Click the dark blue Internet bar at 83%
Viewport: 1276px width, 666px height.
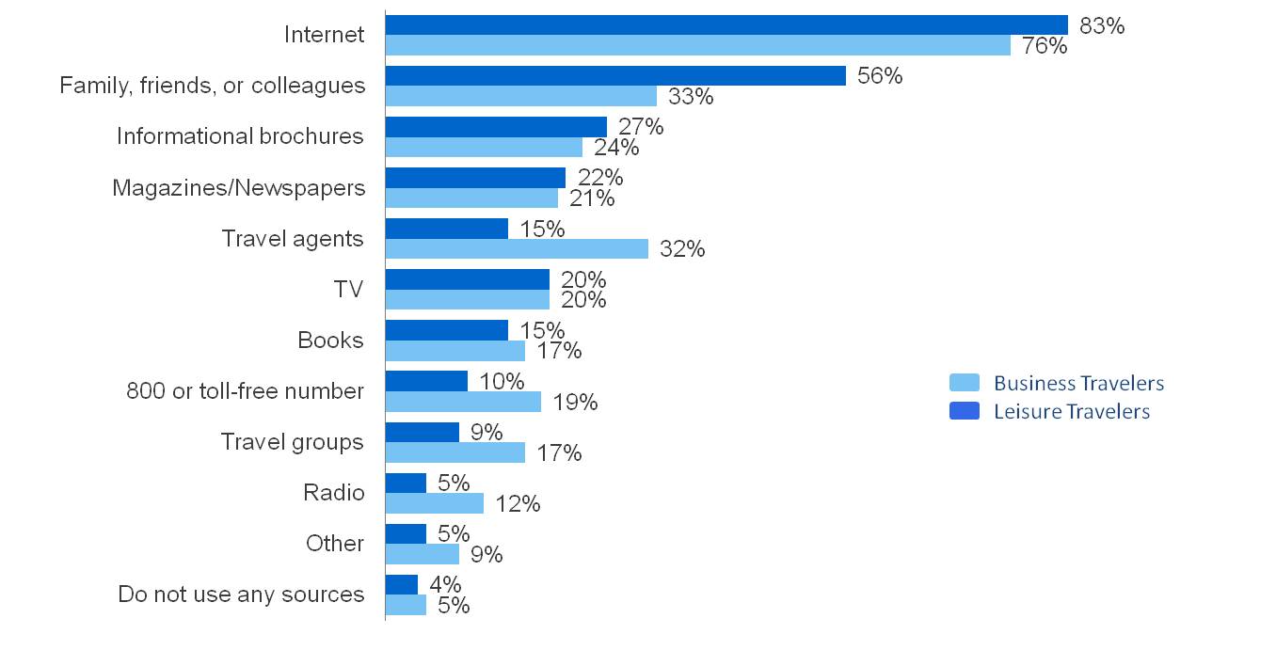(x=726, y=24)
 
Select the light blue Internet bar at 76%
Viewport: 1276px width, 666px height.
(x=697, y=45)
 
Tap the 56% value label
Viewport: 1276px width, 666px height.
(x=880, y=76)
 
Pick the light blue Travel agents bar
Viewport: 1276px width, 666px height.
(x=517, y=248)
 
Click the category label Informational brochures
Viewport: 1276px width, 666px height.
(x=239, y=136)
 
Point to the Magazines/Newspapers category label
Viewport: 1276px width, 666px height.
(x=238, y=187)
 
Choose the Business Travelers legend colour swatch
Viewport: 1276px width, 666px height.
(x=964, y=383)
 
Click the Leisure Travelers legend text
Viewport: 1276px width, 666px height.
(x=1072, y=411)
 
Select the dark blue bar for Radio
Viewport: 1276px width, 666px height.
(x=406, y=483)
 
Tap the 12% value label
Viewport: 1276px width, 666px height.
(x=518, y=504)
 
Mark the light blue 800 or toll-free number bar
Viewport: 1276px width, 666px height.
(x=463, y=402)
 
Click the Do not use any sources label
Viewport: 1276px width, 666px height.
(x=241, y=595)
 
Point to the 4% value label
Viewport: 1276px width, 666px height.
(x=445, y=584)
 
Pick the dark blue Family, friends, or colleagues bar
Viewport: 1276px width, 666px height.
(x=615, y=75)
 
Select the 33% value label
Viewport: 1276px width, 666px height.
(x=691, y=96)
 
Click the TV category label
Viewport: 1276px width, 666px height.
(x=348, y=289)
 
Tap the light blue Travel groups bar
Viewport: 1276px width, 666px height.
(x=455, y=452)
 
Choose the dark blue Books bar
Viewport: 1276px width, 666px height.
(x=446, y=330)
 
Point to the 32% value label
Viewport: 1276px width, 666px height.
(x=682, y=249)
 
